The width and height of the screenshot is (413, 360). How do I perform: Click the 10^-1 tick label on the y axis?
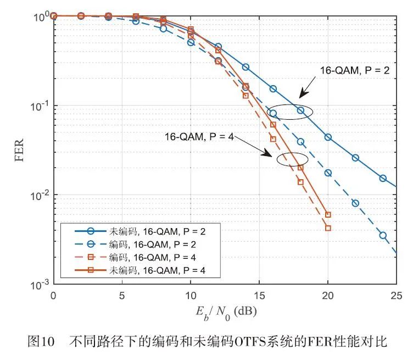pyautogui.click(x=36, y=105)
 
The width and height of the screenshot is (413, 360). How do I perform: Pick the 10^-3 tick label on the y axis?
pyautogui.click(x=36, y=284)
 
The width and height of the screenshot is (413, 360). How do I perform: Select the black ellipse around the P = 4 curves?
pyautogui.click(x=291, y=160)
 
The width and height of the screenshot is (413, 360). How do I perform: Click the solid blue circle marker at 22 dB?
pyautogui.click(x=355, y=158)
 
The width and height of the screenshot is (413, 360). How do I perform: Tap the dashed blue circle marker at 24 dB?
pyautogui.click(x=383, y=235)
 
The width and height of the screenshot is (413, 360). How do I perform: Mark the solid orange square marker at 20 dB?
pyautogui.click(x=328, y=215)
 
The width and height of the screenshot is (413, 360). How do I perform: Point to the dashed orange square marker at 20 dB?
pyautogui.click(x=328, y=228)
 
